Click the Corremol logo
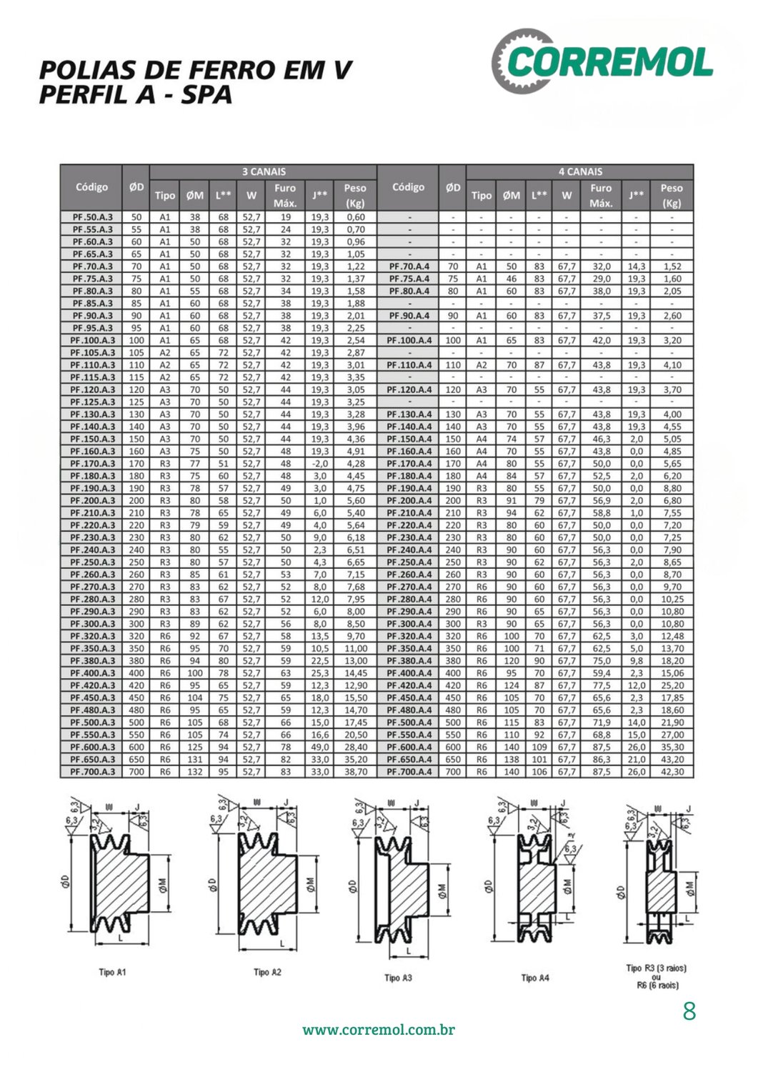click(602, 62)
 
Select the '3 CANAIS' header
click(263, 172)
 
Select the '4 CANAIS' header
click(579, 172)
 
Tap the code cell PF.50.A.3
click(92, 217)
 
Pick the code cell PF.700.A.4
click(409, 772)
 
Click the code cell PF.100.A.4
click(409, 340)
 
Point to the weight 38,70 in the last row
click(355, 772)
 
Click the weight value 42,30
click(672, 772)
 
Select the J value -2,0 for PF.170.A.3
click(319, 464)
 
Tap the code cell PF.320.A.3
click(92, 636)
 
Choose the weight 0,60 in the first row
click(355, 217)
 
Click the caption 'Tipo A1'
click(112, 972)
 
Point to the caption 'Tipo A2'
click(267, 972)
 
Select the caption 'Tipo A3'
click(398, 978)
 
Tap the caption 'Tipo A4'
click(534, 978)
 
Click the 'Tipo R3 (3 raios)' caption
click(656, 968)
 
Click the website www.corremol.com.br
click(379, 1030)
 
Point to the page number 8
click(689, 1011)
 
